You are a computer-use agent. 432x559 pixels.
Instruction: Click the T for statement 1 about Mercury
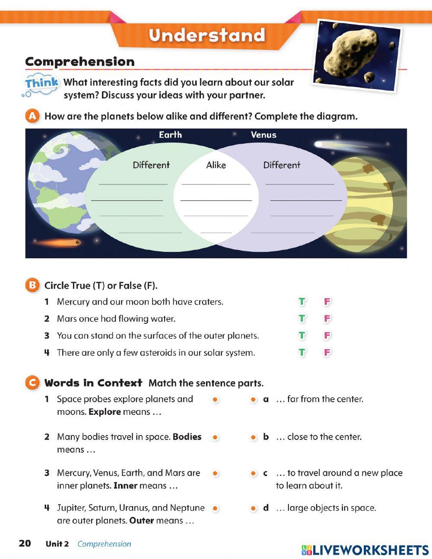pyautogui.click(x=302, y=302)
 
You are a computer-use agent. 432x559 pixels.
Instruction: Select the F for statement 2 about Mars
pyautogui.click(x=327, y=318)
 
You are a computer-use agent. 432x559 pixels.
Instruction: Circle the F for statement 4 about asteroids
pyautogui.click(x=327, y=353)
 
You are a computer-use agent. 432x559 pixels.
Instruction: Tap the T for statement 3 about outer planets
pyautogui.click(x=302, y=335)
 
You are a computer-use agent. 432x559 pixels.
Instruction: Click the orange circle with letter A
pyautogui.click(x=32, y=116)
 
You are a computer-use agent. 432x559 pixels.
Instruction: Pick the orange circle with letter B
pyautogui.click(x=32, y=285)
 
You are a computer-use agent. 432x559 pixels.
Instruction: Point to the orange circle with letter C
pyautogui.click(x=32, y=383)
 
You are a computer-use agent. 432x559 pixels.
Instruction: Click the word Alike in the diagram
pyautogui.click(x=216, y=165)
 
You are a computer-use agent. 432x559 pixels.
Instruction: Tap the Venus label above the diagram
pyautogui.click(x=264, y=135)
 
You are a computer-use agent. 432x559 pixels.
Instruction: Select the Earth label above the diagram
pyautogui.click(x=170, y=135)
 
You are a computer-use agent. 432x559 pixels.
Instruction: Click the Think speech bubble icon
pyautogui.click(x=40, y=84)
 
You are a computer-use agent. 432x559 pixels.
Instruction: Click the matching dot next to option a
pyautogui.click(x=254, y=400)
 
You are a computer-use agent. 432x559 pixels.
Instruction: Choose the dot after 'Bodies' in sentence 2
pyautogui.click(x=215, y=437)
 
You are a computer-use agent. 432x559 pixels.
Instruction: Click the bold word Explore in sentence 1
pyautogui.click(x=105, y=412)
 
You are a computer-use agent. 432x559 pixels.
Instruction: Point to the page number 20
pyautogui.click(x=25, y=543)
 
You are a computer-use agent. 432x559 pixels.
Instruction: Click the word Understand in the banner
pyautogui.click(x=206, y=35)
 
